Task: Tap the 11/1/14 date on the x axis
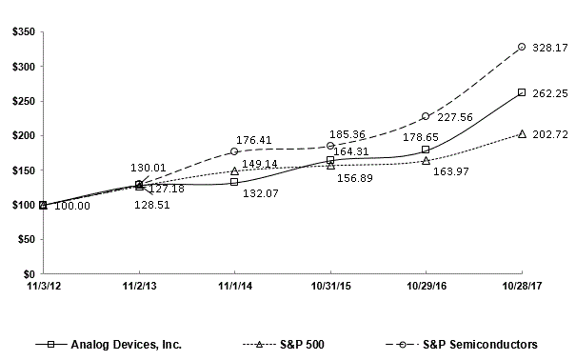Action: pos(234,285)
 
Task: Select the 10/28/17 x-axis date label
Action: pos(521,285)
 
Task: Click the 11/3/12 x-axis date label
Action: pos(43,285)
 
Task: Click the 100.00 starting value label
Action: pos(71,206)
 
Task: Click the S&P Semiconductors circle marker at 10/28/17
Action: pos(521,47)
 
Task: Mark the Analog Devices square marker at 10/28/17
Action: pos(521,92)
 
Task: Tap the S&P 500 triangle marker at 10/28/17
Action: pos(521,133)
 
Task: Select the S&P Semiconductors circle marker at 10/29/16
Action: pos(426,116)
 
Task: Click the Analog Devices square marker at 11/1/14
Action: pos(234,182)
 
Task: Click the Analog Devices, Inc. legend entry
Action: pos(113,343)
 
